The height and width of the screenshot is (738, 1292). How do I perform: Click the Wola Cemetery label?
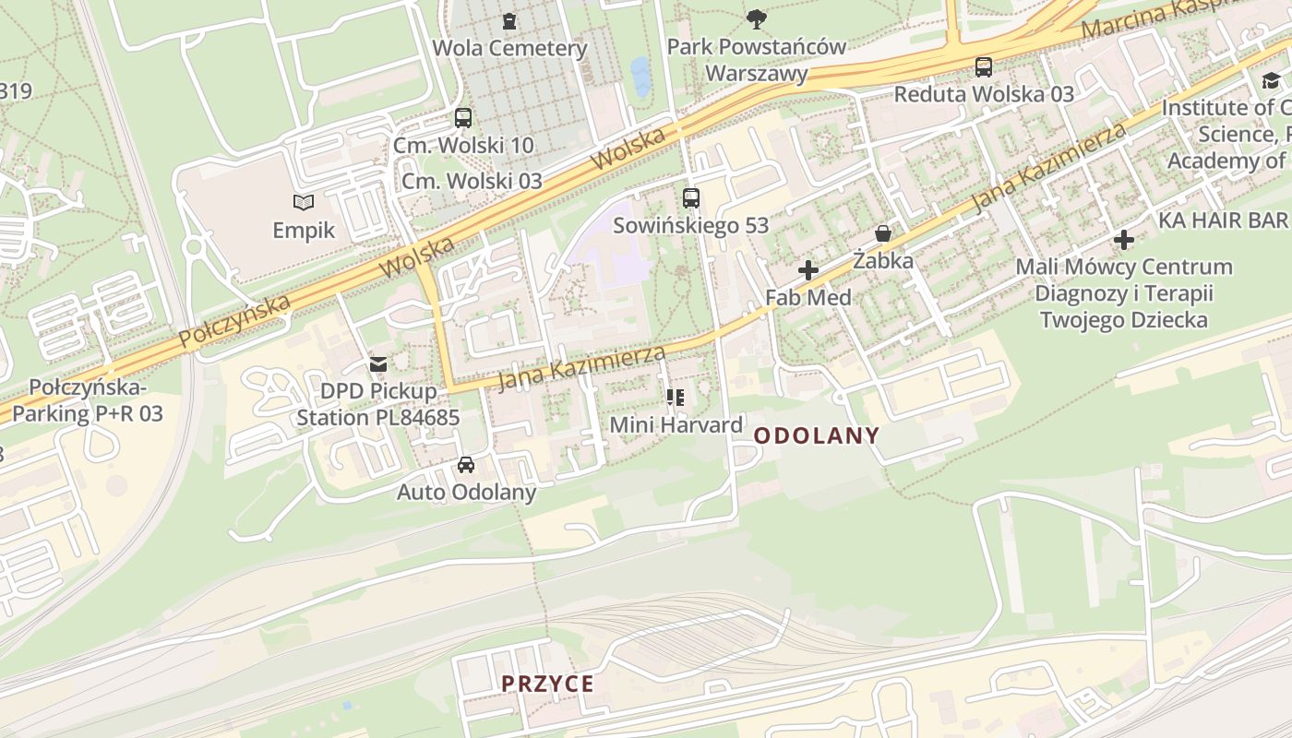509,48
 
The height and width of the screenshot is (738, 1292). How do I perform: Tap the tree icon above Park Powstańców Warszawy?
757,18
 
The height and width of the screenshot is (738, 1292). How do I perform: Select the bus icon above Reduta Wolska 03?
984,67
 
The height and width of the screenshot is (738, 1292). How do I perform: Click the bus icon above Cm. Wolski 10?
463,118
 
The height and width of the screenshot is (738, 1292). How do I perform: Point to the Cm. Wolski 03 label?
472,181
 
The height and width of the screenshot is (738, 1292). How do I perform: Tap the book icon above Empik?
304,202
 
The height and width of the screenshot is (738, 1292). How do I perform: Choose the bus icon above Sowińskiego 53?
691,197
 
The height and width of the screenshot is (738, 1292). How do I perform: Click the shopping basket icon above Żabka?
883,233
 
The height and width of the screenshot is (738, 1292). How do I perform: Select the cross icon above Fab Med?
808,270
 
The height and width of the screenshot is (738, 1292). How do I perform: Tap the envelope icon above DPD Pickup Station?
378,364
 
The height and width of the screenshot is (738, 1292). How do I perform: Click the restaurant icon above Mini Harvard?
676,398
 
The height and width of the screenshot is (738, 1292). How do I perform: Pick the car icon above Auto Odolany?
466,465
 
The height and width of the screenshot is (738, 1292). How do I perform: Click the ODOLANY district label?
817,435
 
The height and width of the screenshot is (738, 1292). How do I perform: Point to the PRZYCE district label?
547,684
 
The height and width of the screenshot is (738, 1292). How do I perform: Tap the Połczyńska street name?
234,321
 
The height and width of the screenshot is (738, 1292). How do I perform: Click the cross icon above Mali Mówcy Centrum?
1123,240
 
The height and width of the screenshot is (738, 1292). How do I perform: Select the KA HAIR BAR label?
1222,220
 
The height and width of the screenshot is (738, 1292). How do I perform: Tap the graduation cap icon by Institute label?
1271,81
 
